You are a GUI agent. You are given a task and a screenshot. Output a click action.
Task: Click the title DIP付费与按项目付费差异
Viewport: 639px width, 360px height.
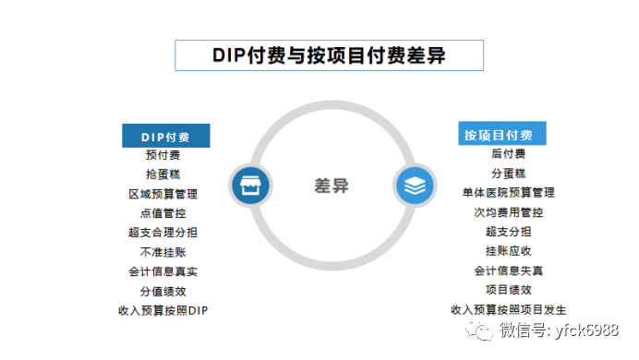330,54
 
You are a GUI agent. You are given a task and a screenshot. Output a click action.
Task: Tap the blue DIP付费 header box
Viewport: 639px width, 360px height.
166,137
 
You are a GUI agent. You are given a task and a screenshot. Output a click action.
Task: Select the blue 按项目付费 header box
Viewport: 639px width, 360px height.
503,135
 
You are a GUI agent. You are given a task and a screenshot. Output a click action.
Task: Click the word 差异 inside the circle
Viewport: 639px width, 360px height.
331,185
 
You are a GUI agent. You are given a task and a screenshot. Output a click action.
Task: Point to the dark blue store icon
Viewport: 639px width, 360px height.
247,186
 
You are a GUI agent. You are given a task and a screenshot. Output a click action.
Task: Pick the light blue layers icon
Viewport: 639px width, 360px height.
415,186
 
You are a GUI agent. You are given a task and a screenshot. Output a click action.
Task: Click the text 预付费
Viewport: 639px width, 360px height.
163,155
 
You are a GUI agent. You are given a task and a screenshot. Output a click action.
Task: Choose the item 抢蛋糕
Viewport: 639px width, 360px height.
163,174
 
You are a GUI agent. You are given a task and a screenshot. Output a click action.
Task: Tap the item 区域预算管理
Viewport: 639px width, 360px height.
163,194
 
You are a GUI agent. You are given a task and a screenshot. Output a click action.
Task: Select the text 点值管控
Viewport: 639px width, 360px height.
163,213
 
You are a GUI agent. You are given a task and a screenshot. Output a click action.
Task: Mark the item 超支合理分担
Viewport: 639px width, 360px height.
163,233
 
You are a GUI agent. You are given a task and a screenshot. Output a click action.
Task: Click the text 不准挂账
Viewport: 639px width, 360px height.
163,252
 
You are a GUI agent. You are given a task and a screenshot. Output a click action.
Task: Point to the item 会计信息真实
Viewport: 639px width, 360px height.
163,271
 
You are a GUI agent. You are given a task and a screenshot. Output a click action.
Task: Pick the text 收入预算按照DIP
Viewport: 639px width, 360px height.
163,310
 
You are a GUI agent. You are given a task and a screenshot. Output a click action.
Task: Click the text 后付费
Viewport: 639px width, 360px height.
508,154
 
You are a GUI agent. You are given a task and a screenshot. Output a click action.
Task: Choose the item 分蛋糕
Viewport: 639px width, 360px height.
508,174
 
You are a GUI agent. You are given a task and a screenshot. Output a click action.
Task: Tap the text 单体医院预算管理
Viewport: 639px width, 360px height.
508,193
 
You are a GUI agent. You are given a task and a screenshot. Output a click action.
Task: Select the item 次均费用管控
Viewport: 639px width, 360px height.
508,212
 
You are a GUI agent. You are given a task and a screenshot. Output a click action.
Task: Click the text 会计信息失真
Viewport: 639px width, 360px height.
508,270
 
